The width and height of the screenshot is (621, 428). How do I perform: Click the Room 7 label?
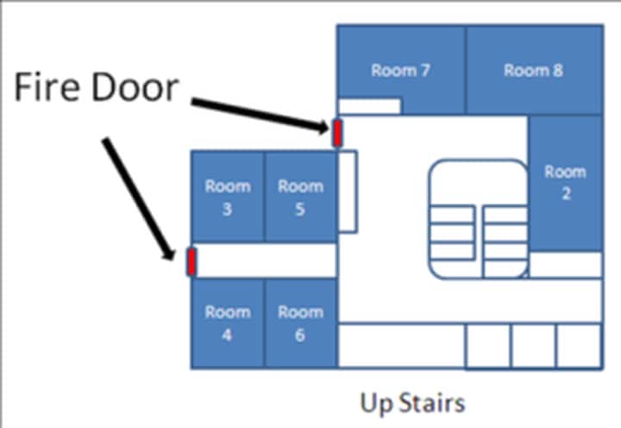point(400,71)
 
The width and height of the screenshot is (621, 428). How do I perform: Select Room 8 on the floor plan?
point(533,71)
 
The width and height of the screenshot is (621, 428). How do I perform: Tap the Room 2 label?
point(566,182)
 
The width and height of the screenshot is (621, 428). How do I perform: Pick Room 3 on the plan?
point(227,197)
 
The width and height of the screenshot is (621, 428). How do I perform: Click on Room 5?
point(299,197)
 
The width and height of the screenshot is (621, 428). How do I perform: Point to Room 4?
point(227,324)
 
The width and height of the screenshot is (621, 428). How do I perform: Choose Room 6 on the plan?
point(299,324)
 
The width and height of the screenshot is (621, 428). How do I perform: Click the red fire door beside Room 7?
point(337,132)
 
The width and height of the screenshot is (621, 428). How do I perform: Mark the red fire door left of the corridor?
point(191,261)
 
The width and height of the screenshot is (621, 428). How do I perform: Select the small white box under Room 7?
point(369,106)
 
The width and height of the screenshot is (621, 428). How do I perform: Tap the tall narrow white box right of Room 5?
point(348,191)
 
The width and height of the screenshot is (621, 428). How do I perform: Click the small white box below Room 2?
point(565,265)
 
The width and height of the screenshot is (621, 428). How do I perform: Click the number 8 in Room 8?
point(558,71)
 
